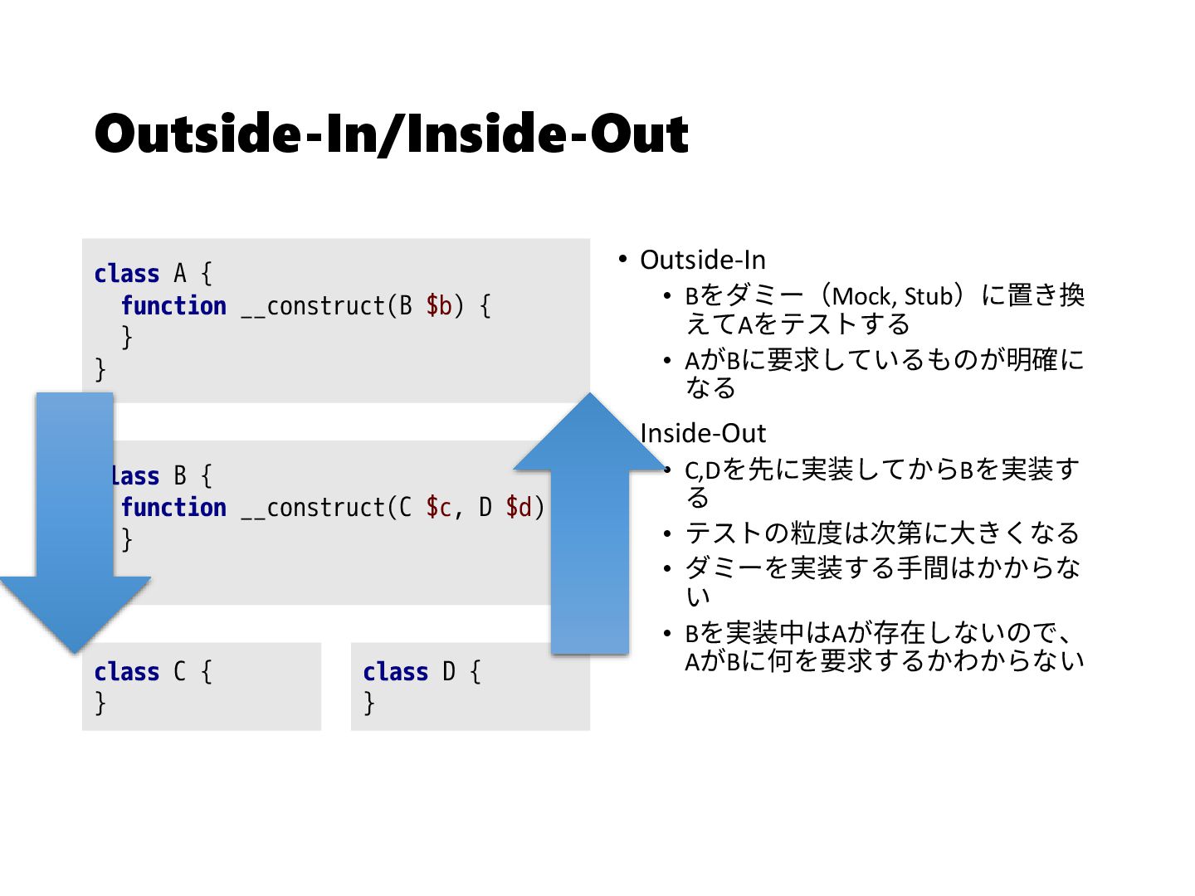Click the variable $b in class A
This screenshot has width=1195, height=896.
click(438, 306)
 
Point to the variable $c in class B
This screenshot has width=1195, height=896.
click(438, 508)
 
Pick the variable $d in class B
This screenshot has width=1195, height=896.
click(519, 508)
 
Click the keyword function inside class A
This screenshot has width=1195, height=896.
click(173, 306)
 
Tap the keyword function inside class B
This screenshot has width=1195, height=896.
click(173, 508)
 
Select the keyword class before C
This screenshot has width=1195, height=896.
click(126, 672)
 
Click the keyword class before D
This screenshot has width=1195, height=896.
click(395, 672)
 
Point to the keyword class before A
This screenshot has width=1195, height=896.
click(126, 274)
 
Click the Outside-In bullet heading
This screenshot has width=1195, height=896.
click(702, 261)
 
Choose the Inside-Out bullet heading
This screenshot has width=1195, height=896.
click(703, 433)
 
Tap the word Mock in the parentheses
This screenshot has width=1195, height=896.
click(862, 296)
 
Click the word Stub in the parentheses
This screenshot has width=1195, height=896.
click(928, 296)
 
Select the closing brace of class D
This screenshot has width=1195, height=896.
click(369, 704)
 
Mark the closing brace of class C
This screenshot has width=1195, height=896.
click(100, 704)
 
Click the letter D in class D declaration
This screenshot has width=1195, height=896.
click(449, 672)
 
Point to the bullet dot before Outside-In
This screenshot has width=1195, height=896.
click(622, 260)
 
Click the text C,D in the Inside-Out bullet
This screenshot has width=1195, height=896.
click(702, 470)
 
